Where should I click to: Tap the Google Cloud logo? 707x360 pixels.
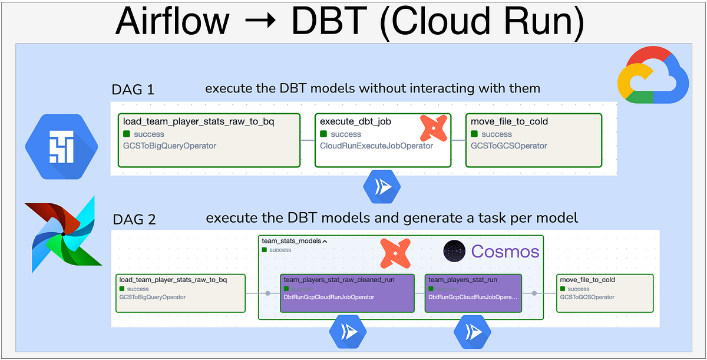click(652, 73)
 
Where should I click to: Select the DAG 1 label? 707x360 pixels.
click(133, 90)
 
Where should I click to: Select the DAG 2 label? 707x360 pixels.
click(134, 220)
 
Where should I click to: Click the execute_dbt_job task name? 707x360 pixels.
click(356, 122)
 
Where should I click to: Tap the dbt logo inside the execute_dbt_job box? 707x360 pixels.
click(433, 127)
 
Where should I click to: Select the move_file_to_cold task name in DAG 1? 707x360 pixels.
click(510, 122)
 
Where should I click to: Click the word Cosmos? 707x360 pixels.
click(505, 252)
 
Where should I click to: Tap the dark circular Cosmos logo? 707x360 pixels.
click(454, 252)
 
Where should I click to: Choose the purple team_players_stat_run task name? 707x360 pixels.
click(463, 280)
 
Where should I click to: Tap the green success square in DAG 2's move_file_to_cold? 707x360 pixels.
click(563, 289)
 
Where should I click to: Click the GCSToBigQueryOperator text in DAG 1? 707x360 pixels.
click(170, 146)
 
